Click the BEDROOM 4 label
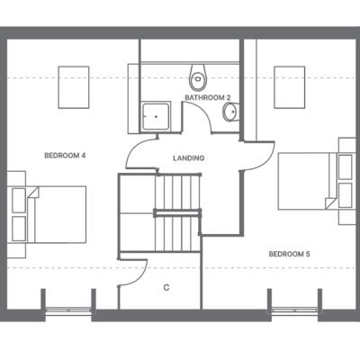(x=65, y=156)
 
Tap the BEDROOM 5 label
(x=290, y=254)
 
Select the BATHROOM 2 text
(x=208, y=97)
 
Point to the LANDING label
(x=189, y=157)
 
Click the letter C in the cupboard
(x=166, y=287)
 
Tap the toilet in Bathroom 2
(x=198, y=76)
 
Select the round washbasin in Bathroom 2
(x=231, y=112)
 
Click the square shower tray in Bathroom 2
(x=156, y=116)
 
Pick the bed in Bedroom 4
(x=49, y=214)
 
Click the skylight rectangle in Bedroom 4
(x=74, y=87)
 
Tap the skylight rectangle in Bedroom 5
(x=290, y=87)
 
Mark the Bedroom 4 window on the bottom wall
(x=68, y=310)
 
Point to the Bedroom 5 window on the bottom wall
(x=294, y=310)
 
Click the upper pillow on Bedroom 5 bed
(x=346, y=166)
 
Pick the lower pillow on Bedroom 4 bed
(x=19, y=229)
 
